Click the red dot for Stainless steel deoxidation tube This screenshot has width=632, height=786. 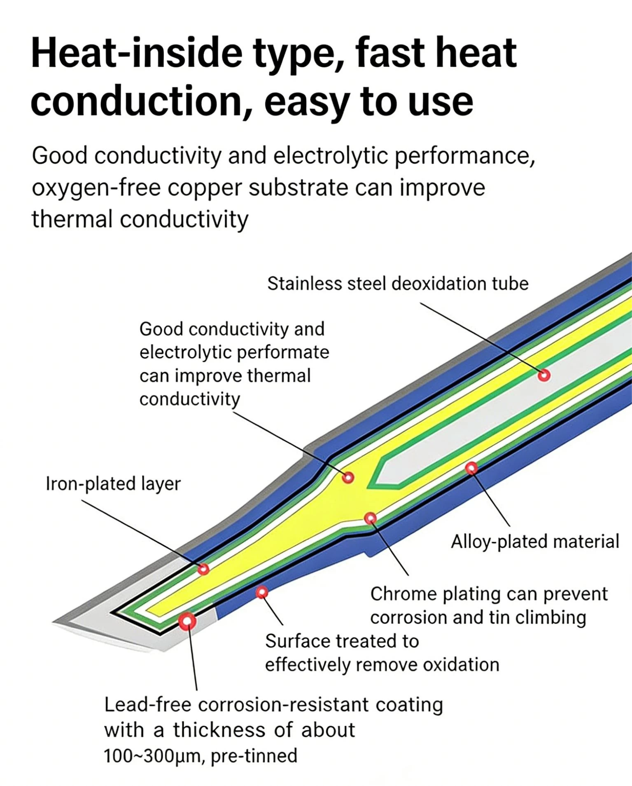click(x=544, y=375)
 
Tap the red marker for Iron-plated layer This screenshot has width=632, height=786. click(x=203, y=569)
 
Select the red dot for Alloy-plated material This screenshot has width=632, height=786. click(x=471, y=468)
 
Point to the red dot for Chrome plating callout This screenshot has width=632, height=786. click(x=371, y=518)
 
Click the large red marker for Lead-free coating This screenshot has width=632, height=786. click(x=187, y=621)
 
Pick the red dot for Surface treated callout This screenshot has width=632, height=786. click(x=262, y=593)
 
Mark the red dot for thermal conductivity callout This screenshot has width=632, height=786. click(x=348, y=477)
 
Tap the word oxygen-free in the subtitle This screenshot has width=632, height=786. click(x=96, y=188)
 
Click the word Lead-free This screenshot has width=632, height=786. click(x=147, y=705)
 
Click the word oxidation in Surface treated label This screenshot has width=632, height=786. click(x=461, y=665)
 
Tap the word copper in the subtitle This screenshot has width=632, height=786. click(x=204, y=188)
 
